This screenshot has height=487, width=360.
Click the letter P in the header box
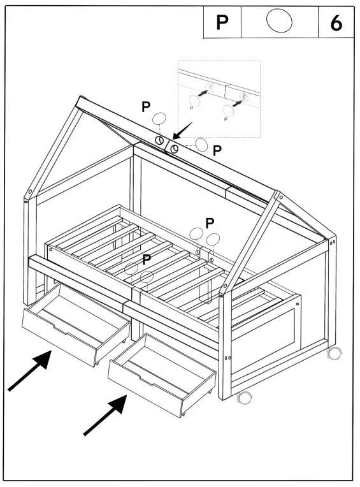pos(222,22)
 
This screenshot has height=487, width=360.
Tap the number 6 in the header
pos(335,23)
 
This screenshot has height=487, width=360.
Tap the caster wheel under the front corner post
pos(243,398)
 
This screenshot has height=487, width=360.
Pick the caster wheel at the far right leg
pos(333,352)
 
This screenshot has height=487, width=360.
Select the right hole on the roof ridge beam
pos(175,147)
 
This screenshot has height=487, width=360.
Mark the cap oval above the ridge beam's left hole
pos(159,119)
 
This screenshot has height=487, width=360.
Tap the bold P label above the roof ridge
pos(147,106)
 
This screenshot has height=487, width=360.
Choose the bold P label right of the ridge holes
pos(217,151)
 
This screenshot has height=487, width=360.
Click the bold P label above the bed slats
pos(209,222)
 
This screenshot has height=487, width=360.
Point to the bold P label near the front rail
pos(147,259)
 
